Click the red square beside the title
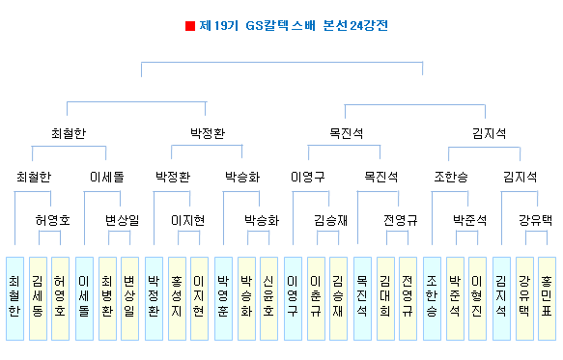pos(190,26)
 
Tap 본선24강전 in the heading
pos(355,26)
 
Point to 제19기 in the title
pos(218,26)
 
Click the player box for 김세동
pos(38,298)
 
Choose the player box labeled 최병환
pos(107,298)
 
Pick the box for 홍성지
pos(177,298)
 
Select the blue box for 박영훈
pos(223,298)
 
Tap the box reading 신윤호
pos(268,298)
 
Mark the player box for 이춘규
pos(316,298)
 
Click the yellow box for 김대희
pos(385,298)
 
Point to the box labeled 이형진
pos(477,298)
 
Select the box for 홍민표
pos(547,298)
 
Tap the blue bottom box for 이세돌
pos(84,298)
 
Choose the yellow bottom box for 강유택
pos(524,298)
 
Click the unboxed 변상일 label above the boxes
pos(122,220)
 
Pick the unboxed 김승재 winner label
pos(330,220)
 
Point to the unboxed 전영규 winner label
pos(401,220)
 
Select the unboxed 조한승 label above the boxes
pos(451,177)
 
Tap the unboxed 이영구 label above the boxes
pos(308,177)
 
